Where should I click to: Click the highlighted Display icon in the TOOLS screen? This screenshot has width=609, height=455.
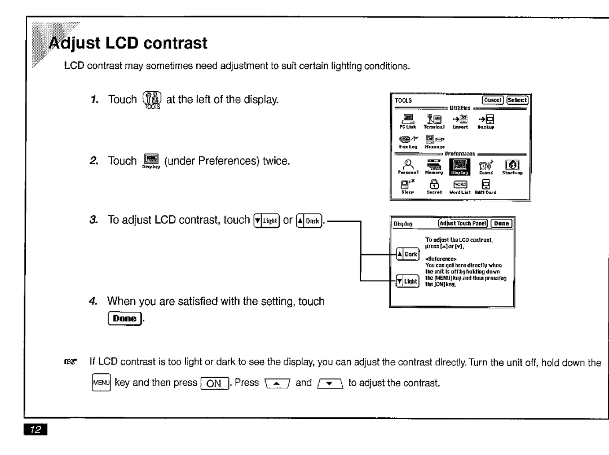click(x=457, y=167)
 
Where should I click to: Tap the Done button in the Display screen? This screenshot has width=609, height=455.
click(x=501, y=223)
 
